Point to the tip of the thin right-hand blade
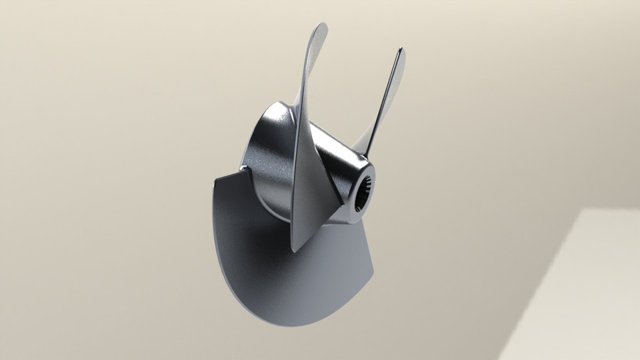(400, 52)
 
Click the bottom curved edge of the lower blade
(280, 320)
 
